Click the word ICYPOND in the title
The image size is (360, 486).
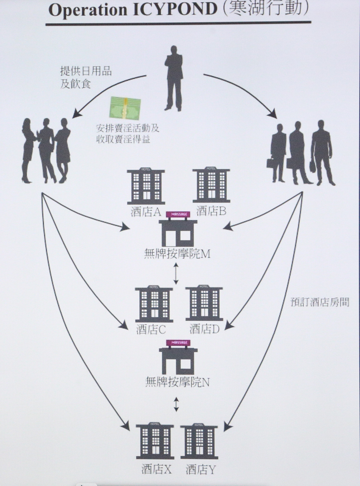[175, 10]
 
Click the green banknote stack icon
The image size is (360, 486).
[125, 107]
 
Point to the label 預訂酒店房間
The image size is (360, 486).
[320, 302]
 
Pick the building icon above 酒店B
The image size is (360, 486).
[211, 185]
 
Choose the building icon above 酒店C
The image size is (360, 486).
[154, 304]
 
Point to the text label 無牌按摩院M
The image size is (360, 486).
[177, 254]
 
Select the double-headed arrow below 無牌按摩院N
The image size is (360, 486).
[176, 404]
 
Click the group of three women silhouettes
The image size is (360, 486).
[46, 151]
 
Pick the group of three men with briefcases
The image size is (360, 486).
[302, 152]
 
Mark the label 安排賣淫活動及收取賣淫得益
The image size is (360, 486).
[127, 134]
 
